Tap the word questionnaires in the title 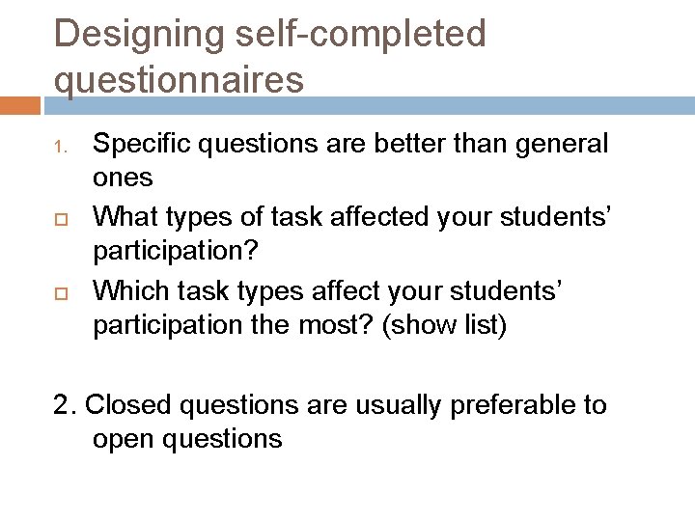click(179, 79)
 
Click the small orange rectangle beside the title click(20, 104)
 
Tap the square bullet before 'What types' click(59, 218)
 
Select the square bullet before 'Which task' click(59, 289)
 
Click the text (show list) click(445, 325)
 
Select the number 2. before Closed click(66, 404)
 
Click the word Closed click(127, 404)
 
